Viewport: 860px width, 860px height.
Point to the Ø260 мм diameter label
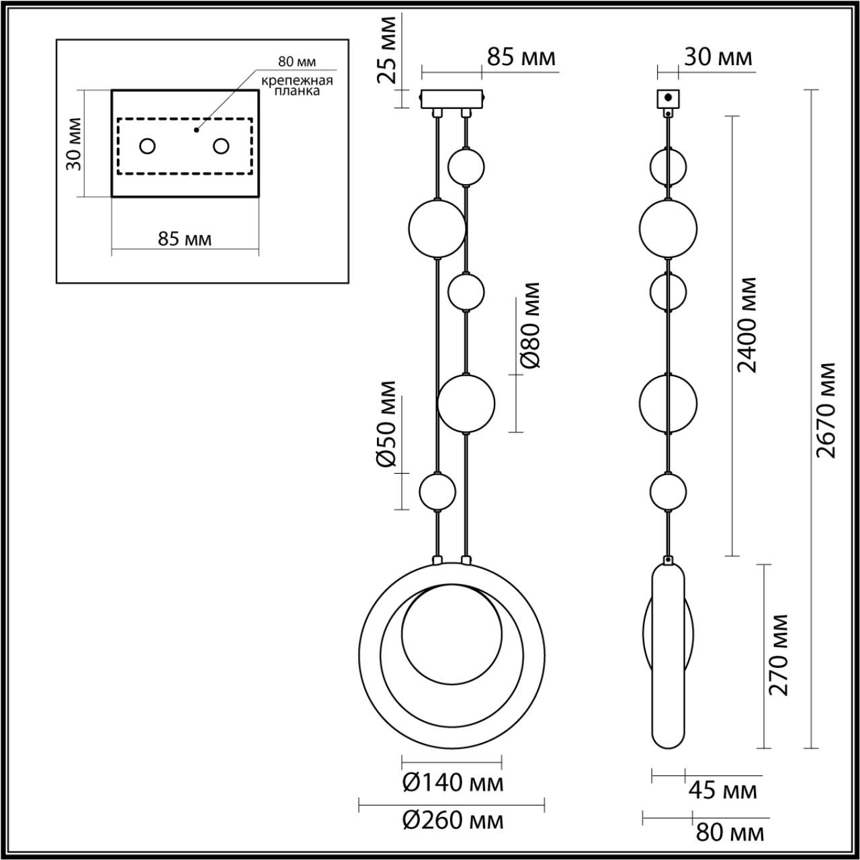pos(453,820)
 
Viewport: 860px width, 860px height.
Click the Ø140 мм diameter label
pos(453,782)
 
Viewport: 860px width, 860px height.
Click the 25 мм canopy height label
pos(386,50)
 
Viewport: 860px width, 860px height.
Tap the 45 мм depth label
pos(722,790)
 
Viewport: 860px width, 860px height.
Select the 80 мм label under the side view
pos(730,832)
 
